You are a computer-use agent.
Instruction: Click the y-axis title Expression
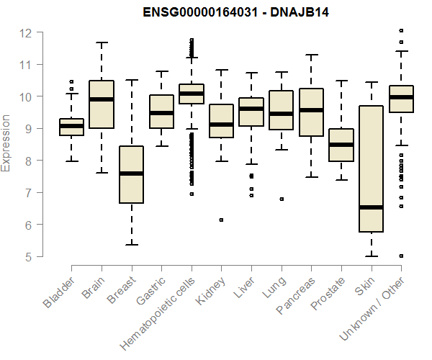(6, 143)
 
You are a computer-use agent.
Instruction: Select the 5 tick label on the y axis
(27, 256)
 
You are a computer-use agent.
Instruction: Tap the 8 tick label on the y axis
(27, 161)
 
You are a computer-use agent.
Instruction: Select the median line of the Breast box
(131, 174)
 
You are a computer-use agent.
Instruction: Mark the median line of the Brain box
(101, 99)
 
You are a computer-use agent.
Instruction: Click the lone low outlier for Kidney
(221, 220)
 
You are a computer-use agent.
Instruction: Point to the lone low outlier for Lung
(281, 199)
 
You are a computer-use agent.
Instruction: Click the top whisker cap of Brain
(101, 42)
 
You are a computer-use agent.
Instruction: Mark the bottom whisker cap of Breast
(131, 245)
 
